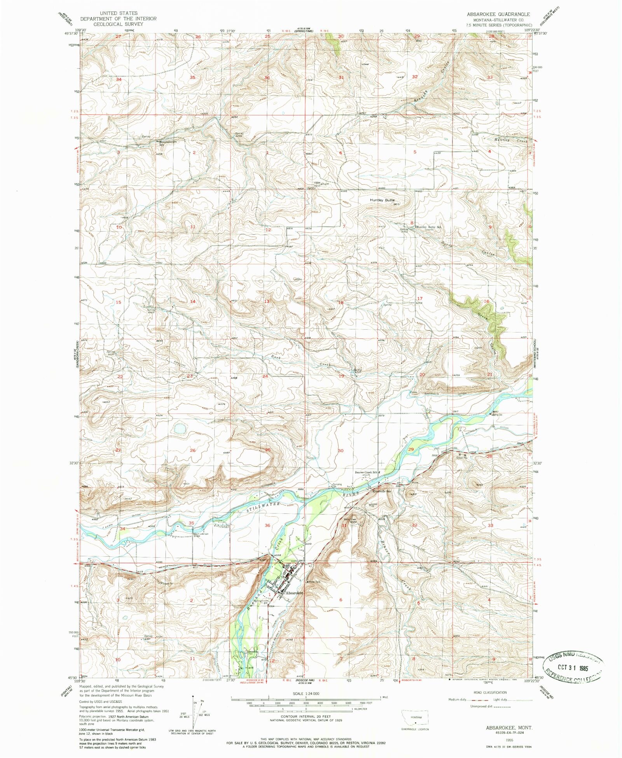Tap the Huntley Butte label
(x=382, y=200)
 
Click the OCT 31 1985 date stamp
(x=575, y=668)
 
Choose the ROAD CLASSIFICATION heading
(x=490, y=692)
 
